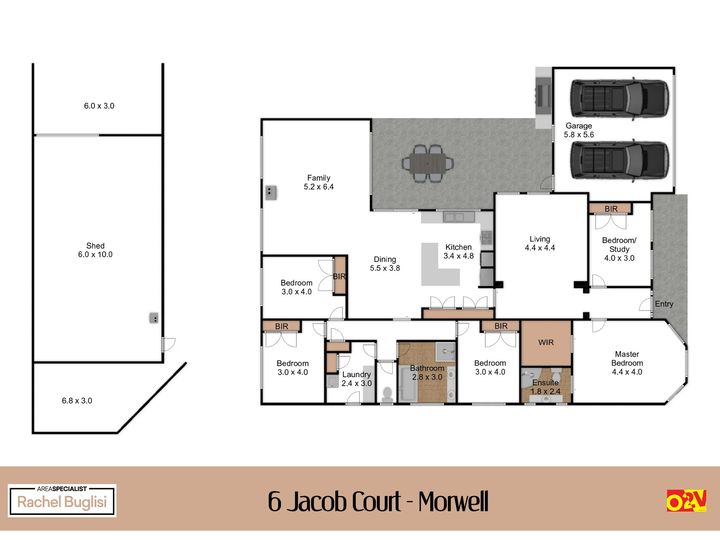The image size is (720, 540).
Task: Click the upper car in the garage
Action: (x=619, y=98)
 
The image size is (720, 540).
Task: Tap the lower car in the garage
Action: (x=619, y=160)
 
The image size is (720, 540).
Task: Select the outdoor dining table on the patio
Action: (x=428, y=164)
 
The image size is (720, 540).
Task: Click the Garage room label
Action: (x=579, y=130)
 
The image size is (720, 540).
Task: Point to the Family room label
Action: (x=319, y=182)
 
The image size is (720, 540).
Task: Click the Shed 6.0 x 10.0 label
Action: (x=95, y=250)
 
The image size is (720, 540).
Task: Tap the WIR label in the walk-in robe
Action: (x=546, y=342)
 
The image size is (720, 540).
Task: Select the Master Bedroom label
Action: (x=627, y=363)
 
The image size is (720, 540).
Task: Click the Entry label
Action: (x=664, y=304)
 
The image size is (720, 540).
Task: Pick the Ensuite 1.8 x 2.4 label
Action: (x=545, y=387)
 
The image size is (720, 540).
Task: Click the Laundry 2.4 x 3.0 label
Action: (x=356, y=379)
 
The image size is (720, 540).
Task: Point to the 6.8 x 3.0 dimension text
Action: (x=77, y=401)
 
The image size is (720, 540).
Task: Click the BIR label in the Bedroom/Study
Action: (x=611, y=209)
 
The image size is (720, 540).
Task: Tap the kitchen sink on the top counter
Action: (x=459, y=217)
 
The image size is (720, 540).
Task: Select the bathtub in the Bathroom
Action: (x=408, y=384)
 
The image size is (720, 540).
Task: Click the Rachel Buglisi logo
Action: (x=62, y=501)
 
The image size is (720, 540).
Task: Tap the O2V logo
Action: (x=686, y=501)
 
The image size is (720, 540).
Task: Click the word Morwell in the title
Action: (x=453, y=501)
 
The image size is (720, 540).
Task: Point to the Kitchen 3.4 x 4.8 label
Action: (x=458, y=251)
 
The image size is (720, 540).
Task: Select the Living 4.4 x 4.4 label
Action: (x=540, y=243)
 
